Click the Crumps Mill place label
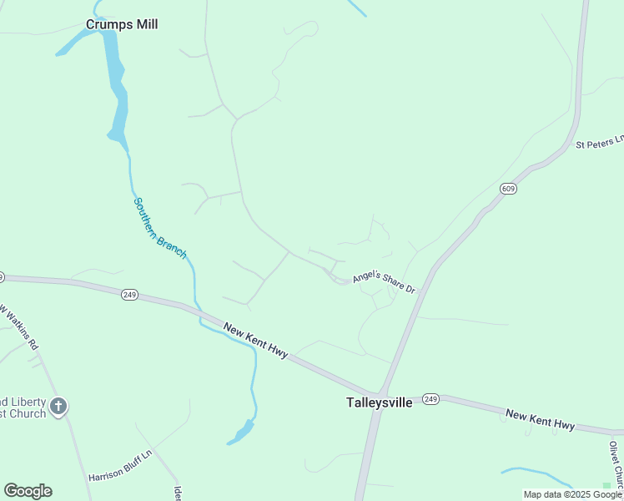[x=122, y=24]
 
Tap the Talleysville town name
[x=379, y=402]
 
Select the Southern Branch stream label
[x=159, y=228]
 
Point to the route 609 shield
[x=508, y=190]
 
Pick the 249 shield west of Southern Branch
[x=128, y=295]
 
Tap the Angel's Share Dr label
[x=384, y=281]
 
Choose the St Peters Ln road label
[x=600, y=142]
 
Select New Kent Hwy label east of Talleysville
[x=541, y=420]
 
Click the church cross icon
[x=58, y=407]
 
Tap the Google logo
[x=28, y=491]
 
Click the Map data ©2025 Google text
[x=572, y=494]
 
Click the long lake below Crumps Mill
[x=116, y=83]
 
